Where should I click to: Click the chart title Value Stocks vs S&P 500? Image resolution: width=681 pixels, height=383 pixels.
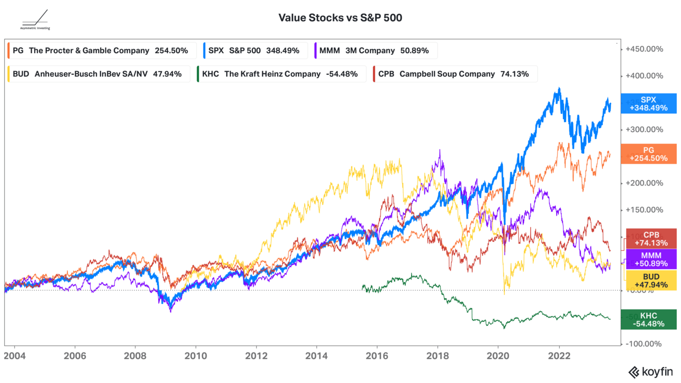[x=340, y=18]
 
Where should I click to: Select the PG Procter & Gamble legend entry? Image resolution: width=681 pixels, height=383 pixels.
[x=101, y=51]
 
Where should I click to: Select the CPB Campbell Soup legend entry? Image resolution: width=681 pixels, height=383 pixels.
[x=454, y=74]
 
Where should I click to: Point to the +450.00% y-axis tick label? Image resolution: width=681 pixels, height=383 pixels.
[x=644, y=49]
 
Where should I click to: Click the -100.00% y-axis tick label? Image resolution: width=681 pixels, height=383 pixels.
[x=644, y=344]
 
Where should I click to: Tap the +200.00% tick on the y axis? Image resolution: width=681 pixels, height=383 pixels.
[x=644, y=183]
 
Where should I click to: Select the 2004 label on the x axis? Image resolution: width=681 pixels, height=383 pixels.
[x=14, y=357]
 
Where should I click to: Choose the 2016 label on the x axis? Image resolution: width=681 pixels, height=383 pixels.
[x=377, y=357]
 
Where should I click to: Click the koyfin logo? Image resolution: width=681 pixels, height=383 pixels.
[x=651, y=371]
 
